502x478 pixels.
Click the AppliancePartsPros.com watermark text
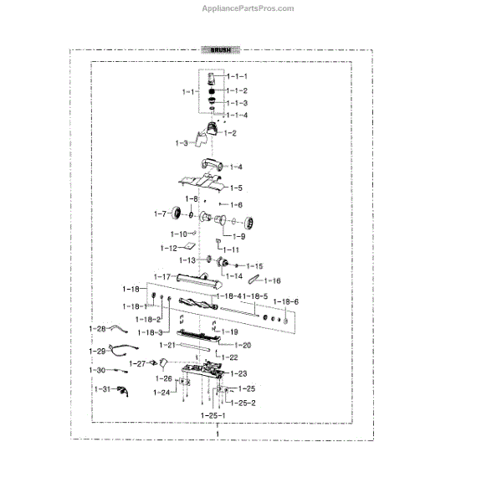click(x=248, y=8)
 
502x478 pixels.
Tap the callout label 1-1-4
click(x=237, y=115)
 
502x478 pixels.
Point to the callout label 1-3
click(x=182, y=143)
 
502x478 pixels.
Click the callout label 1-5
click(x=236, y=188)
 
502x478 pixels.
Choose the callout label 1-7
click(x=161, y=214)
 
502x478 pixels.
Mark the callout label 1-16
click(x=273, y=280)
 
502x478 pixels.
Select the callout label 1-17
click(x=162, y=276)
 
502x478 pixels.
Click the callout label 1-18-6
click(x=288, y=301)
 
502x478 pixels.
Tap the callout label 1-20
click(x=243, y=345)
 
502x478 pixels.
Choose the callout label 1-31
click(x=102, y=390)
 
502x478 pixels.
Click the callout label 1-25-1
click(x=213, y=415)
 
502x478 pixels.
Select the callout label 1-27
click(x=138, y=363)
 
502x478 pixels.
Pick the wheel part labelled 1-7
click(x=177, y=214)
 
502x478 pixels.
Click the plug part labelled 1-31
click(x=123, y=390)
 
